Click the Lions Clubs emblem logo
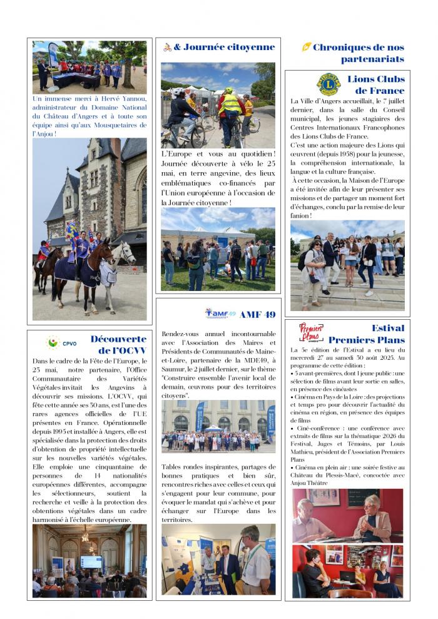pyautogui.click(x=328, y=84)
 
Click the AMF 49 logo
pyautogui.click(x=220, y=313)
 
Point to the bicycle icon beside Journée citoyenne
pyautogui.click(x=167, y=47)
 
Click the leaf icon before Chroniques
pyautogui.click(x=306, y=47)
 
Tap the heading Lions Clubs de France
pyautogui.click(x=375, y=84)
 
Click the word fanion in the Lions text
pyautogui.click(x=301, y=215)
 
